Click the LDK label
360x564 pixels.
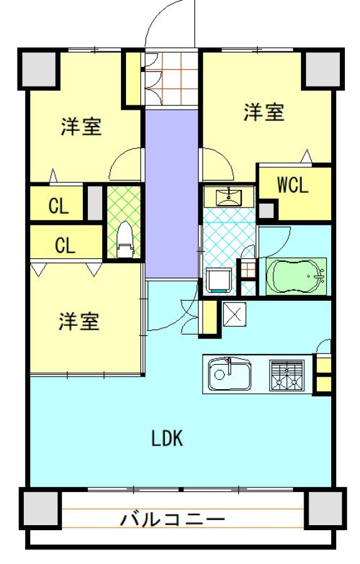(167, 438)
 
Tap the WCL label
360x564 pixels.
(293, 185)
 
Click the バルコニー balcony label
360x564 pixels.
(172, 520)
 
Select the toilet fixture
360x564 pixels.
(125, 239)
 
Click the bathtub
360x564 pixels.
(296, 276)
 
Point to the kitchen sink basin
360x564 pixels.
(230, 375)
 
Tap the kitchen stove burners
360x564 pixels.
(287, 375)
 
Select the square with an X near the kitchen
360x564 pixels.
(235, 315)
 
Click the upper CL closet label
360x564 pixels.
(58, 206)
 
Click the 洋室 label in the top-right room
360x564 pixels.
(264, 112)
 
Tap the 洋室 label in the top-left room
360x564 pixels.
(82, 127)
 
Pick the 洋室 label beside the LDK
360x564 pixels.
(79, 321)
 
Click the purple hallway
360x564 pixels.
(172, 194)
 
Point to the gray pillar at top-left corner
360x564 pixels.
(39, 69)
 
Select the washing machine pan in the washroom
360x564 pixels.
(220, 279)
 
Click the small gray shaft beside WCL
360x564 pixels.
(267, 211)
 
